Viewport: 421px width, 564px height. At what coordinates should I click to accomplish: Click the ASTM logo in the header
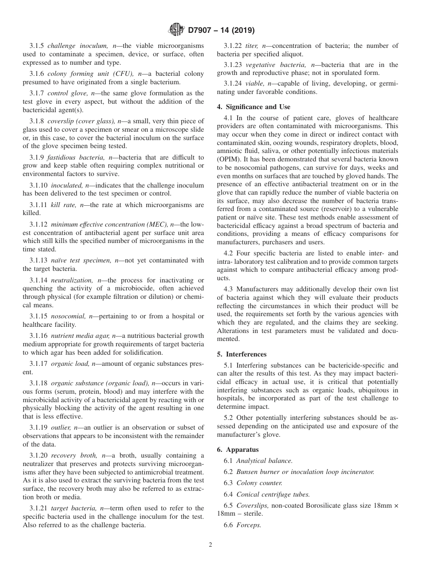tap(176, 31)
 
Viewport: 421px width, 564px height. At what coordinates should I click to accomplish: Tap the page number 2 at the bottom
tap(210, 545)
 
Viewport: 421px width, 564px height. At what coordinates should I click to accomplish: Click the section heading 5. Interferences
tap(242, 354)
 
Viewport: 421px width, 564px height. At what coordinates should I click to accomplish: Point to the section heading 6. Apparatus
tap(238, 450)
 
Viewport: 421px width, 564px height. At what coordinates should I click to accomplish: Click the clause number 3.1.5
tap(37, 46)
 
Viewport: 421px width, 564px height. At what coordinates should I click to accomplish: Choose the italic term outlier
tap(61, 427)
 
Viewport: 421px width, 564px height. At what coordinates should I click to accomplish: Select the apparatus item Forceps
tap(249, 525)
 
